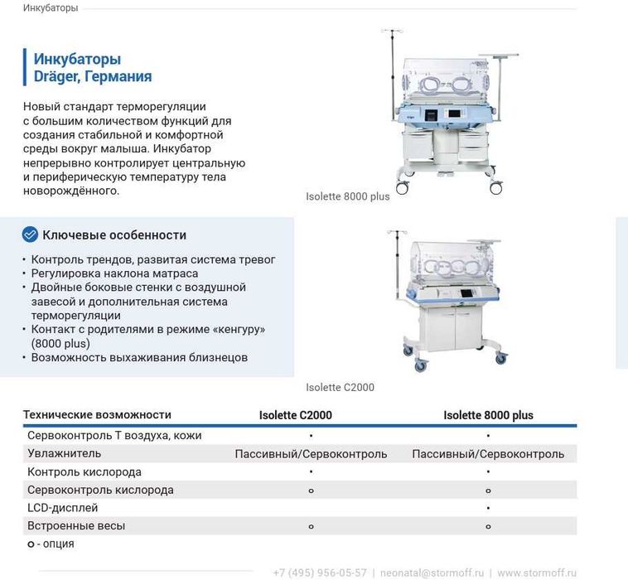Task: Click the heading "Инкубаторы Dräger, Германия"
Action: click(x=92, y=68)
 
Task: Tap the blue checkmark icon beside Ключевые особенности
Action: click(x=30, y=234)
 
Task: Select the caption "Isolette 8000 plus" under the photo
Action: click(x=347, y=196)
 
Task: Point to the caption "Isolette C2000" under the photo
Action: click(x=340, y=387)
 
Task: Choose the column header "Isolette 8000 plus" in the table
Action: click(x=488, y=415)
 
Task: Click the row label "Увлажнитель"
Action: click(x=64, y=453)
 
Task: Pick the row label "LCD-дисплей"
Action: click(x=62, y=507)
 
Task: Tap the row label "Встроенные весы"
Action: click(x=76, y=525)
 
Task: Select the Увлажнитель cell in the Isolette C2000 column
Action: click(x=311, y=454)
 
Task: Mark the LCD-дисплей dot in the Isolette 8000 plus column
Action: click(x=488, y=508)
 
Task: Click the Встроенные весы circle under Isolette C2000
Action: click(x=311, y=526)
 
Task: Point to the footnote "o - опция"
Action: click(x=51, y=544)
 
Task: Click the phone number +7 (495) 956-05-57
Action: click(x=320, y=573)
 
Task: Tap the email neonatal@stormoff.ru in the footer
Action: click(x=432, y=573)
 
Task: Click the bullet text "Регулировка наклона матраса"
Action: click(x=114, y=273)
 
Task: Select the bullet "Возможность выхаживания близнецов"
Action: click(x=139, y=358)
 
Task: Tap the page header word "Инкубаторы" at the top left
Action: click(x=51, y=8)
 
